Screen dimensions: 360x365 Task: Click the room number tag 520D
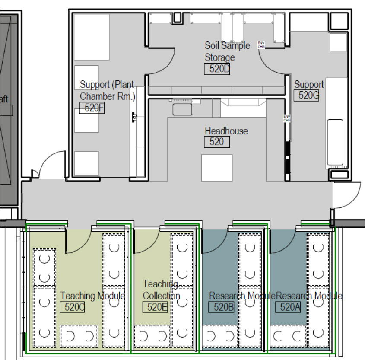(217, 69)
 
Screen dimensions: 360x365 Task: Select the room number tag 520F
(92, 108)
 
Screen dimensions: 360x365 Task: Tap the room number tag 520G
(306, 96)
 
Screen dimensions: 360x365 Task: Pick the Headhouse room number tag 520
(216, 141)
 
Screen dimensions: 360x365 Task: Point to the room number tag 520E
(154, 307)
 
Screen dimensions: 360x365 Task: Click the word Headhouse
(226, 131)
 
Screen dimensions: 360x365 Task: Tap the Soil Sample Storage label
(226, 51)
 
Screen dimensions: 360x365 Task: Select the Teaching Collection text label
(161, 290)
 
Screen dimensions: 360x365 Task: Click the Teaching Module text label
(92, 296)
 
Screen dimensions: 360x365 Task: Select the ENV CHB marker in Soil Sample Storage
(261, 45)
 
